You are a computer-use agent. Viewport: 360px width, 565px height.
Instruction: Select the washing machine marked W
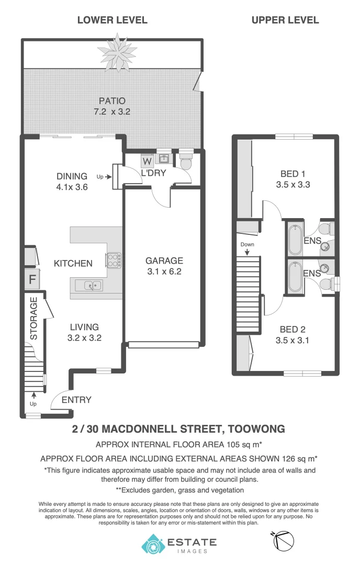point(147,161)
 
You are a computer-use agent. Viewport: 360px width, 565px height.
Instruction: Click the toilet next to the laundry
point(186,162)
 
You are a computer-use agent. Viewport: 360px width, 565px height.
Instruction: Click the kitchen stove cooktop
point(114,259)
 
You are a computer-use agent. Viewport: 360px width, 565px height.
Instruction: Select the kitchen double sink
point(89,285)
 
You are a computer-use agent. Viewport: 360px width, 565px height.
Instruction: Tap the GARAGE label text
point(164,261)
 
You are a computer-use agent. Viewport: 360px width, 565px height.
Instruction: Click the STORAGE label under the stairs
point(33,319)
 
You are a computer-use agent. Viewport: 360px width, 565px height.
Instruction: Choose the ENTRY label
point(76,400)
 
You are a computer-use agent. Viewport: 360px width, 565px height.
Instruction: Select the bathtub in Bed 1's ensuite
point(295,239)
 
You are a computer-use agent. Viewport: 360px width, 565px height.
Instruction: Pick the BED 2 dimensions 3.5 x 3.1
point(292,339)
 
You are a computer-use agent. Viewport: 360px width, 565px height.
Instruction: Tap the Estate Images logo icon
point(153,544)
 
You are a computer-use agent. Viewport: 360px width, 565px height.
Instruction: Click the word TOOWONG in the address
point(256,430)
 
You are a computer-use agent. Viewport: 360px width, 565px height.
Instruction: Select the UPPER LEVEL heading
point(285,20)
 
